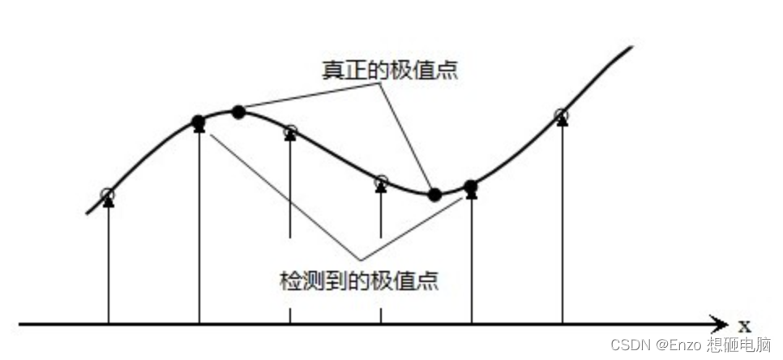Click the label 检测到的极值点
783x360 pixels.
(x=359, y=281)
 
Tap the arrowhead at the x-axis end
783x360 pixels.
(x=719, y=324)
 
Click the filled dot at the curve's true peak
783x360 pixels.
(x=238, y=112)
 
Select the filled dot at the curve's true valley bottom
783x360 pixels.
(x=434, y=194)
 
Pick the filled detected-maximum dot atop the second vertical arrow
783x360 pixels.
(x=199, y=122)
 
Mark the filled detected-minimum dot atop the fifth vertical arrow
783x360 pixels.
(x=471, y=187)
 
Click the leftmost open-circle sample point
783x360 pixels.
(x=108, y=194)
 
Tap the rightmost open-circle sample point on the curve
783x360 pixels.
(x=562, y=115)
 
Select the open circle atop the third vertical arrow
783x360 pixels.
(x=290, y=131)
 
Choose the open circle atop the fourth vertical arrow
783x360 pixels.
(x=381, y=182)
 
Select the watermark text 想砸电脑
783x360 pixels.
(x=738, y=345)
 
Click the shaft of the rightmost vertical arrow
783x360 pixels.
(x=562, y=227)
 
